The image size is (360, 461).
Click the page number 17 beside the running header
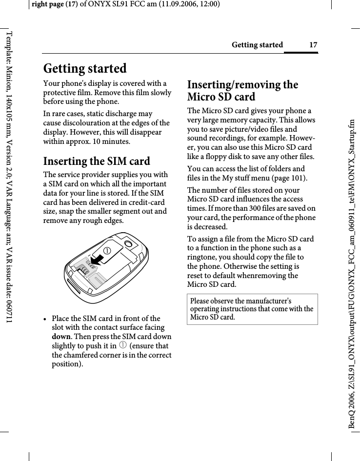point(313,45)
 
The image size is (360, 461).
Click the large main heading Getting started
point(85,68)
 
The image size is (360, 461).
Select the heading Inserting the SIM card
point(97,161)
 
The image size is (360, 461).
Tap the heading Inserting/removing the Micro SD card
point(242,91)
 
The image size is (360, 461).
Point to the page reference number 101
point(298,178)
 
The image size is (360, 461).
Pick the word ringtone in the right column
point(202,257)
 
